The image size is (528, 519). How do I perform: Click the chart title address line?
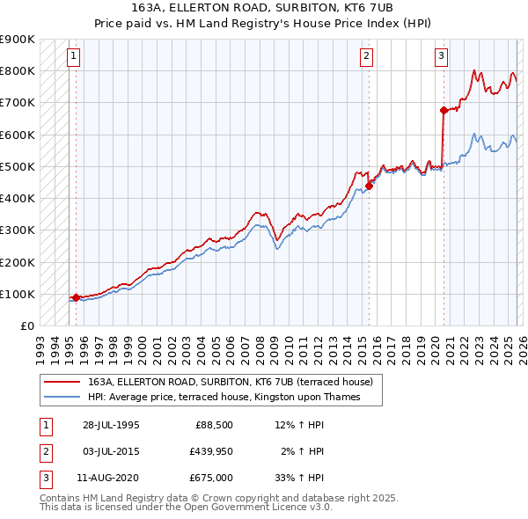264,7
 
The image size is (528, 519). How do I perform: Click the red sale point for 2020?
444,110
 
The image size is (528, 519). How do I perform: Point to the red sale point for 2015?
370,185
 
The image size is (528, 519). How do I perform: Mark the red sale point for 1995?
77,297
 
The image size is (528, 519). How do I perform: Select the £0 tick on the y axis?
26,325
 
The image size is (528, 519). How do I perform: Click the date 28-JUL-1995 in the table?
111,425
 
